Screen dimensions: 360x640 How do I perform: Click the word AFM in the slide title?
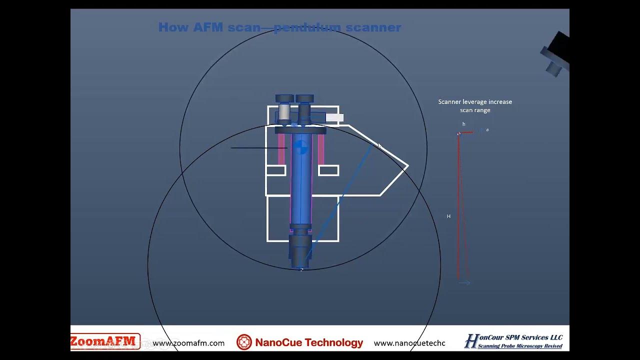tap(208, 27)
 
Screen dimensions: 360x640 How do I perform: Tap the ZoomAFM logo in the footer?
tap(104, 341)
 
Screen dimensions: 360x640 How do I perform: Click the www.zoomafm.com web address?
tap(188, 343)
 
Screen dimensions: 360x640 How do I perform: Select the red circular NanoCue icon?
tap(244, 342)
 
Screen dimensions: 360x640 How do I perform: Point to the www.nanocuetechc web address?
tap(409, 343)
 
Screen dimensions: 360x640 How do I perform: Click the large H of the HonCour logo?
tap(471, 341)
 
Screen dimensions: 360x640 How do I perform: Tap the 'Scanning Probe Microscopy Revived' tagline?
tap(520, 346)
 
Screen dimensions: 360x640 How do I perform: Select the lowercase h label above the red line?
tap(463, 124)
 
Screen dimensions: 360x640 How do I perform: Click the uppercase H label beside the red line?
tap(448, 216)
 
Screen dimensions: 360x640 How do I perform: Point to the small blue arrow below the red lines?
tap(464, 283)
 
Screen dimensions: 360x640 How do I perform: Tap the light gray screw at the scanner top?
tap(284, 111)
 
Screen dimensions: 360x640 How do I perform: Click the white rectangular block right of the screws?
tap(334, 118)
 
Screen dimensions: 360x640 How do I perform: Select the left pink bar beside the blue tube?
tap(281, 149)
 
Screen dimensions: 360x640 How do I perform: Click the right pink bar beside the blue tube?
tap(320, 149)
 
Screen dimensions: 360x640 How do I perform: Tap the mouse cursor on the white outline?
tap(378, 146)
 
